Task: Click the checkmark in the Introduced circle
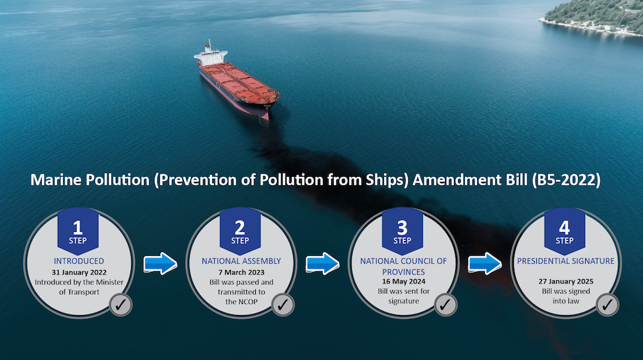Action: click(120, 305)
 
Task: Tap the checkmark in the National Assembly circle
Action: click(282, 305)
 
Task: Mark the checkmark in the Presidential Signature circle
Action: click(606, 305)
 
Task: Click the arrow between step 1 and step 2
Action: click(159, 263)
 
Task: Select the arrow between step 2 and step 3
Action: click(322, 263)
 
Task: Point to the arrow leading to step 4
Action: click(484, 263)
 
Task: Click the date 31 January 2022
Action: click(78, 272)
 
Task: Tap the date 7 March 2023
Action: click(240, 272)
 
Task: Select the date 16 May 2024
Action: click(403, 281)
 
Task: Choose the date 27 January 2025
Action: click(565, 281)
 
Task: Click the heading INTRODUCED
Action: click(78, 261)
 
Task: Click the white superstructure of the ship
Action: click(210, 56)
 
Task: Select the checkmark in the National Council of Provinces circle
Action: click(444, 305)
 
